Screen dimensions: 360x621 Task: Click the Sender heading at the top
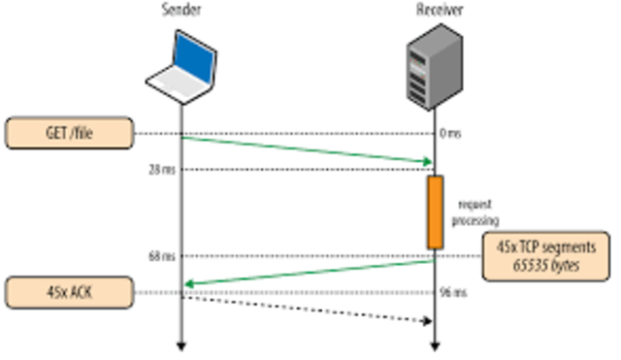tap(180, 11)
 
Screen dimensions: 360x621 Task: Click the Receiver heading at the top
tap(434, 11)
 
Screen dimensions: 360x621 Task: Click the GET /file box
tap(68, 133)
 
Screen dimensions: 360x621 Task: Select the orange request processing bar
tap(435, 212)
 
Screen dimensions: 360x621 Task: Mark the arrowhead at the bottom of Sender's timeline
tap(180, 344)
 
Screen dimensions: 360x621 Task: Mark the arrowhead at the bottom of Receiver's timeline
tap(434, 344)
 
